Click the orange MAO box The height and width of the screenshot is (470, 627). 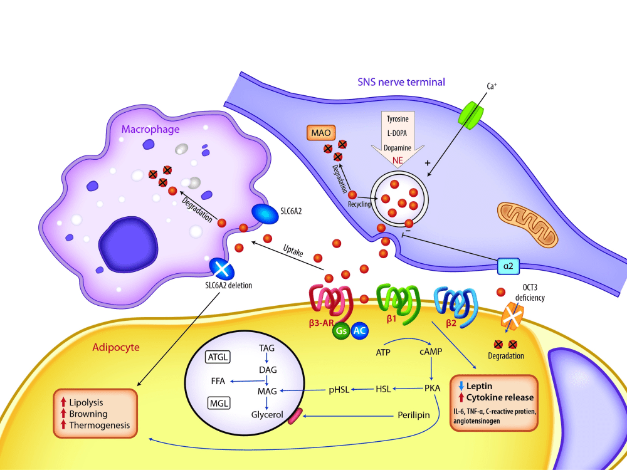[x=320, y=133]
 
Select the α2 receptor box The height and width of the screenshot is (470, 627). [x=508, y=266]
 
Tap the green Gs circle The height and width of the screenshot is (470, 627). [x=341, y=331]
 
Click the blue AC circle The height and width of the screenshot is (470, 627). [x=359, y=331]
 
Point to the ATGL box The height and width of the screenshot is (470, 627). [x=218, y=357]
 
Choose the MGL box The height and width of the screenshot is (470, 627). [x=219, y=403]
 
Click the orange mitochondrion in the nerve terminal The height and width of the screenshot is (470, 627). [x=527, y=224]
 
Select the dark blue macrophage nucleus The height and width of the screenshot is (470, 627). [x=128, y=244]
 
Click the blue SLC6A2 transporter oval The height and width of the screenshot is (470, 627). [x=265, y=214]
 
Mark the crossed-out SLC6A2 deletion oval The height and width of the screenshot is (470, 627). [x=222, y=269]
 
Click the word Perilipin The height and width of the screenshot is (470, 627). [x=413, y=415]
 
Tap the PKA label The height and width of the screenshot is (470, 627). [x=432, y=388]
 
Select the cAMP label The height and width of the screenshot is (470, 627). [x=431, y=352]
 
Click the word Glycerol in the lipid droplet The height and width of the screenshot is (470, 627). [x=267, y=415]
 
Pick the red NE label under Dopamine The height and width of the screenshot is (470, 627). [x=398, y=160]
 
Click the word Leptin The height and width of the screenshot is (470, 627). [x=480, y=386]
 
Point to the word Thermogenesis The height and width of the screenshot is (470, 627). [x=100, y=426]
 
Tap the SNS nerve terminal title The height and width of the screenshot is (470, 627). [x=401, y=82]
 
